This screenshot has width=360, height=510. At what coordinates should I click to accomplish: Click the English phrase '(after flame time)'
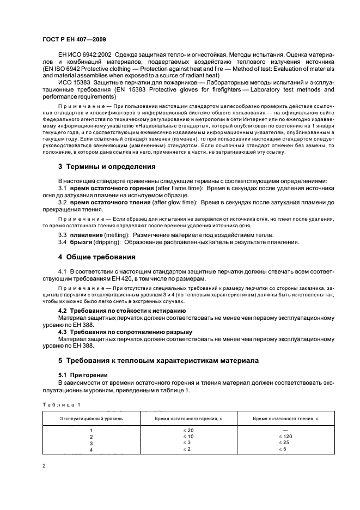(x=157, y=187)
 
